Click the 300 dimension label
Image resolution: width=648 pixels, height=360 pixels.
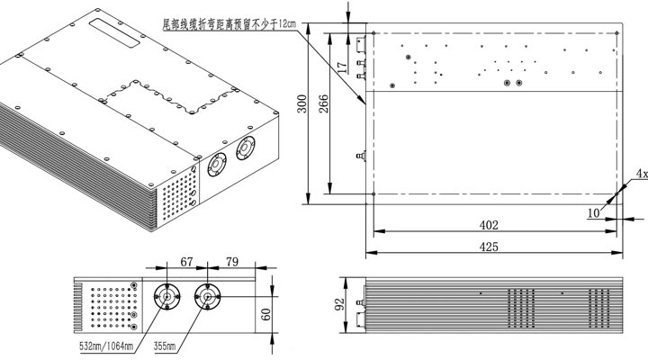[302, 103]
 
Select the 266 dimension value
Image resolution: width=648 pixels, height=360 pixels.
[324, 103]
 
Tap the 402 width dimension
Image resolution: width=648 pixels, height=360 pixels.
[489, 225]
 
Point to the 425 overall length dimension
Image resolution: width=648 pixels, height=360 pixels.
[489, 247]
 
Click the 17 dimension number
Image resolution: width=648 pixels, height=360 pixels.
[342, 67]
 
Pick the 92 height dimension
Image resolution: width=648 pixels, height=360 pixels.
[339, 304]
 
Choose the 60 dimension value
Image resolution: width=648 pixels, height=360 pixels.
[266, 314]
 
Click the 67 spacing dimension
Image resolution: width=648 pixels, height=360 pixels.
[186, 262]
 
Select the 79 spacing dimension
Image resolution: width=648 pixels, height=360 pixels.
[232, 262]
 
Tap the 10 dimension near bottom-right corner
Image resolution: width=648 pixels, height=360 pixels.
[593, 213]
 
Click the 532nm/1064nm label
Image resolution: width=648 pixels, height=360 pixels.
[106, 346]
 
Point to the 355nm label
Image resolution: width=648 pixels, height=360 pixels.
[165, 346]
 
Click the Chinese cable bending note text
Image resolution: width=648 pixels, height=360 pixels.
[229, 24]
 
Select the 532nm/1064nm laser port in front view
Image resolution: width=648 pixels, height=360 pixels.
[167, 297]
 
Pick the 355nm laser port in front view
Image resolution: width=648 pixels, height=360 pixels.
[208, 297]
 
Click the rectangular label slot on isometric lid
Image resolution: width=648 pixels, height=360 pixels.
[115, 32]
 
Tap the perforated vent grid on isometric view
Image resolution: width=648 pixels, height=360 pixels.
[178, 195]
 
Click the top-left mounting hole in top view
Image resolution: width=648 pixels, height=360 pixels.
[373, 33]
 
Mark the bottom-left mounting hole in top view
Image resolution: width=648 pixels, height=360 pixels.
[373, 193]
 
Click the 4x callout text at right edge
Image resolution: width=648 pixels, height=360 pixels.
[642, 174]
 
